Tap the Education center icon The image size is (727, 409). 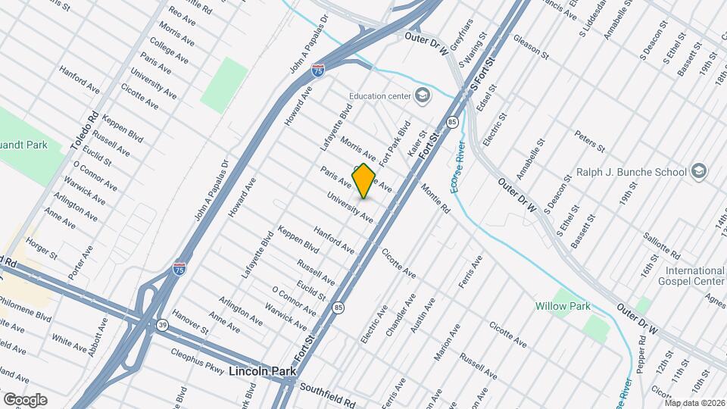pyautogui.click(x=422, y=95)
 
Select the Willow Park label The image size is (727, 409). pyautogui.click(x=563, y=306)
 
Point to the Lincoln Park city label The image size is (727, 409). pyautogui.click(x=259, y=371)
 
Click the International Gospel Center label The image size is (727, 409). pyautogui.click(x=695, y=276)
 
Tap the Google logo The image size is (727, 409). pyautogui.click(x=24, y=399)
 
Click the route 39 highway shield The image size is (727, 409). pyautogui.click(x=163, y=324)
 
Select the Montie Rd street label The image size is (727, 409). pyautogui.click(x=435, y=198)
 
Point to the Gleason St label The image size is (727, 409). pyautogui.click(x=530, y=45)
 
